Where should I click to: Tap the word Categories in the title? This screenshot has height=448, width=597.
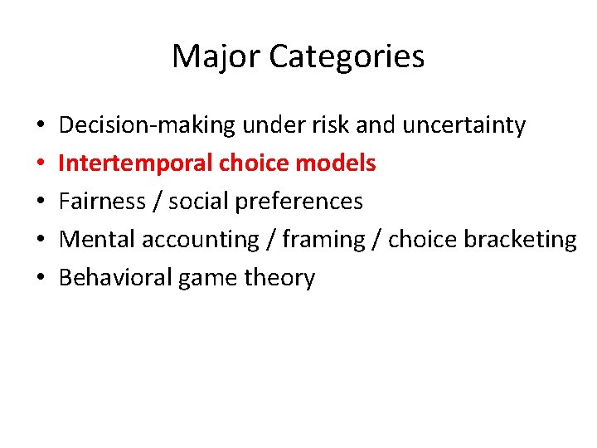pos(347,56)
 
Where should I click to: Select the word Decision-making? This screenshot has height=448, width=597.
pos(148,125)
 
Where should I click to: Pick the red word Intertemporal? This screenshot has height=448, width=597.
pos(136,163)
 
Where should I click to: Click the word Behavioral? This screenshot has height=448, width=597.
pos(113,278)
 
